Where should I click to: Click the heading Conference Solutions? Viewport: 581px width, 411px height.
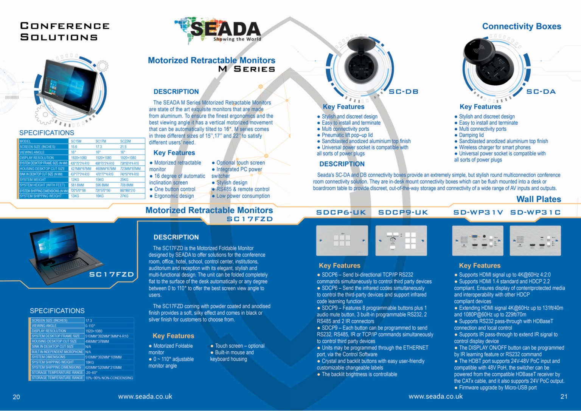pyautogui.click(x=65, y=31)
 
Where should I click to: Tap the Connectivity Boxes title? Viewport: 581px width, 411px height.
pyautogui.click(x=521, y=26)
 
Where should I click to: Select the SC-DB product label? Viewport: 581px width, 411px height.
pyautogui.click(x=403, y=92)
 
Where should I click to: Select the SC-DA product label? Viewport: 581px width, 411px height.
pyautogui.click(x=541, y=92)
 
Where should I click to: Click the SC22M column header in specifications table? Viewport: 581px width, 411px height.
pyautogui.click(x=126, y=141)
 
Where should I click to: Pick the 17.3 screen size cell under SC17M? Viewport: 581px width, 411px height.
pyautogui.click(x=99, y=147)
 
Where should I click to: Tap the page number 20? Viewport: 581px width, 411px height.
pyautogui.click(x=16, y=397)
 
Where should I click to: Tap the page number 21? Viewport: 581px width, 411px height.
pyautogui.click(x=564, y=397)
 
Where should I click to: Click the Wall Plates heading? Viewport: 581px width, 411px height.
pyautogui.click(x=539, y=199)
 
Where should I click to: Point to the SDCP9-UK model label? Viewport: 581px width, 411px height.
pyautogui.click(x=403, y=212)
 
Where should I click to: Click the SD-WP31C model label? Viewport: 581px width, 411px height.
pyautogui.click(x=535, y=212)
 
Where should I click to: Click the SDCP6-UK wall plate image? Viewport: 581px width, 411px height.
pyautogui.click(x=342, y=241)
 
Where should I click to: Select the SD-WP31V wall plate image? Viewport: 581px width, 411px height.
pyautogui.click(x=478, y=241)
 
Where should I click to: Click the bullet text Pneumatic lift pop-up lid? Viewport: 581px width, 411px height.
pyautogui.click(x=347, y=135)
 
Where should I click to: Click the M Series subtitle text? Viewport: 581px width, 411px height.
pyautogui.click(x=247, y=69)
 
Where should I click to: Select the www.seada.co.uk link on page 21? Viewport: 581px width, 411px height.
pyautogui.click(x=435, y=396)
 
